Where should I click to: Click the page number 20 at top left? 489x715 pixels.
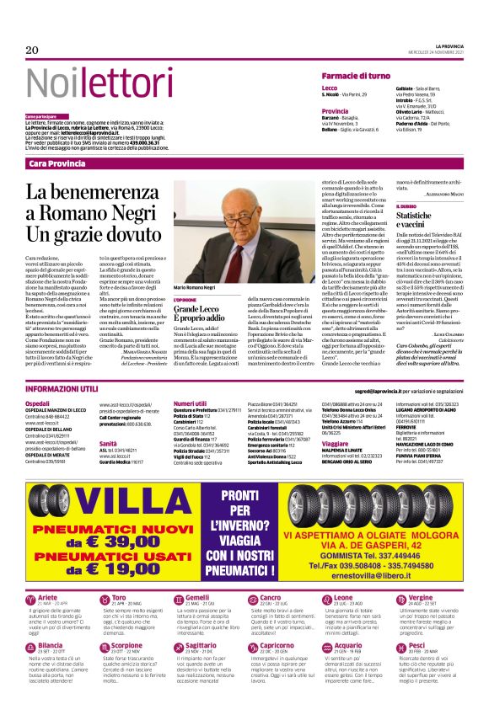point(32,50)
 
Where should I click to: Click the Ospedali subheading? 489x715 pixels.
point(37,403)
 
